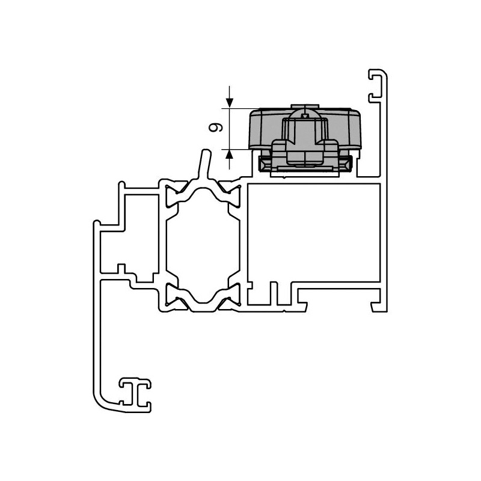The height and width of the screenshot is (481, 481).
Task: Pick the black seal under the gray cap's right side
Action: tap(345, 162)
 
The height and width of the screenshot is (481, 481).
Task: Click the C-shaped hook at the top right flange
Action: tap(376, 84)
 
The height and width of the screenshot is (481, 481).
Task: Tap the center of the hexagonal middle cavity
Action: tap(201, 243)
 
